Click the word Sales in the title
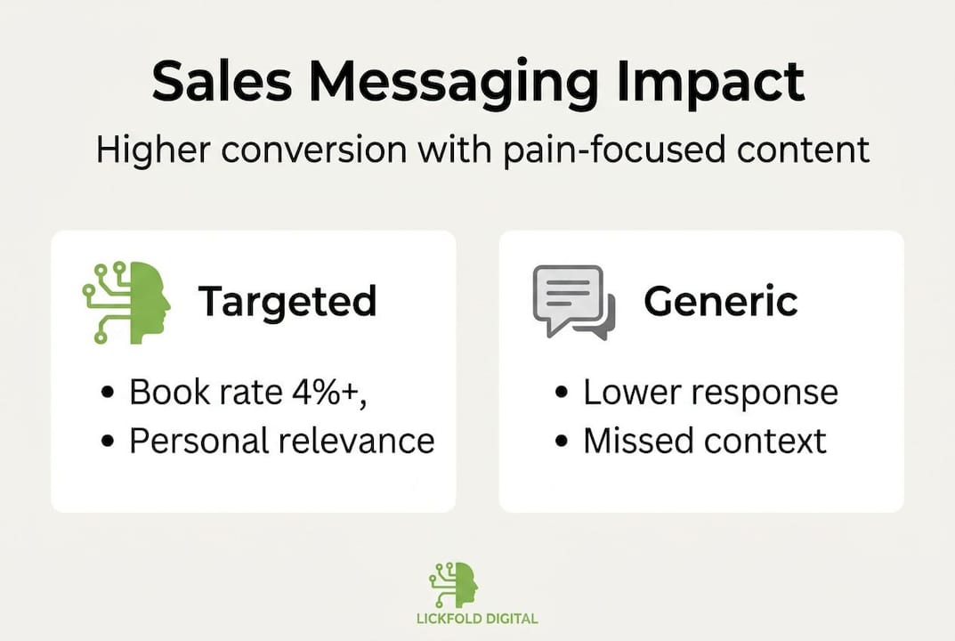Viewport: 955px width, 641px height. click(223, 83)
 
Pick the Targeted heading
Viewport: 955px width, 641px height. click(287, 302)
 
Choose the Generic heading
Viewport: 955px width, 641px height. click(721, 302)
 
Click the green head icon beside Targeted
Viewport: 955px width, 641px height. click(127, 302)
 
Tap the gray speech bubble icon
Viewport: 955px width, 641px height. click(573, 302)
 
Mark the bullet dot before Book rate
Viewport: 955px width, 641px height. click(108, 394)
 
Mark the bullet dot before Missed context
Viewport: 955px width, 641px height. click(562, 442)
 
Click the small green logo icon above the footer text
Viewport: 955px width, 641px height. click(454, 585)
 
